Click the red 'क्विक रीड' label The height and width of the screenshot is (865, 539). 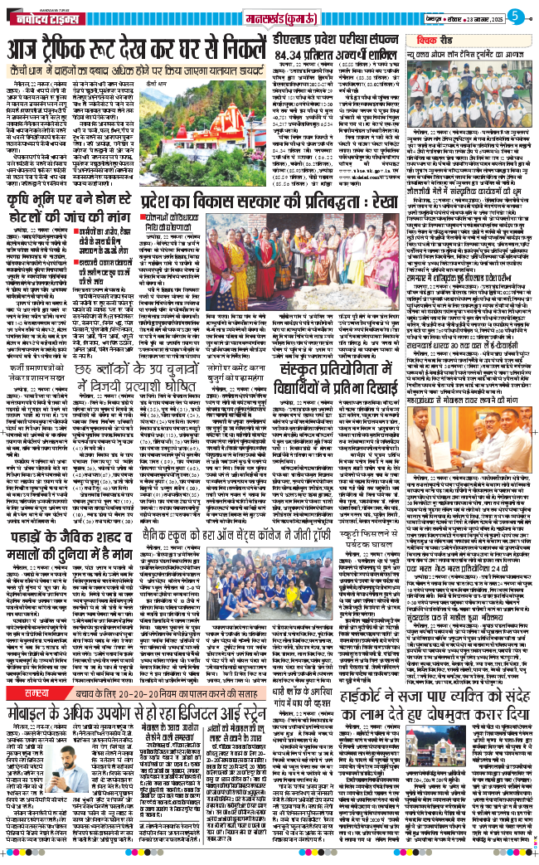point(473,39)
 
